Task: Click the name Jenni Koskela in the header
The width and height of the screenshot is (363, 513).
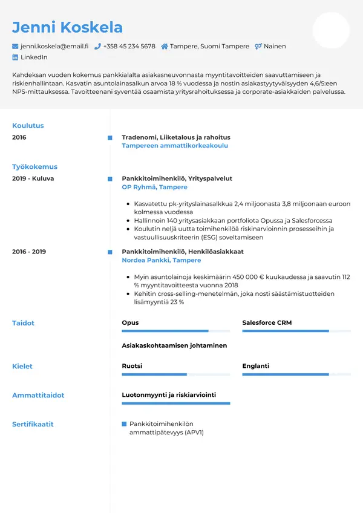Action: pyautogui.click(x=67, y=27)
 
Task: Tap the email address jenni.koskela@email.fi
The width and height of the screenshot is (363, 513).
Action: pyautogui.click(x=54, y=46)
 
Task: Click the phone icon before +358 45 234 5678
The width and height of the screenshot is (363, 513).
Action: pyautogui.click(x=97, y=46)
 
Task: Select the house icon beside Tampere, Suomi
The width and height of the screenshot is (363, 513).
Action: pyautogui.click(x=165, y=46)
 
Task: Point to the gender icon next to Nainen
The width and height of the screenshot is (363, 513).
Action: pyautogui.click(x=258, y=46)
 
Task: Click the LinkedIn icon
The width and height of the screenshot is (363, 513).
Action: pyautogui.click(x=16, y=57)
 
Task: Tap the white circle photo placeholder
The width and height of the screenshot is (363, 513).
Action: pyautogui.click(x=331, y=30)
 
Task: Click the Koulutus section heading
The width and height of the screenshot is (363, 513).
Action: pyautogui.click(x=28, y=126)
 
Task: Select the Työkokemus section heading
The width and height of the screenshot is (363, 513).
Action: pyautogui.click(x=34, y=166)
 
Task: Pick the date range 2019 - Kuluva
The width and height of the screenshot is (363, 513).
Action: pyautogui.click(x=33, y=178)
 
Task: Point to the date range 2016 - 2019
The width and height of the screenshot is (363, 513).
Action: pyautogui.click(x=29, y=252)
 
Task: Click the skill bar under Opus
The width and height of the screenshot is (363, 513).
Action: pyautogui.click(x=175, y=331)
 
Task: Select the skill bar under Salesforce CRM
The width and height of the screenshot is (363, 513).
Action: pyautogui.click(x=296, y=331)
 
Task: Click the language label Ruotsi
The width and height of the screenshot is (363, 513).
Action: pyautogui.click(x=132, y=366)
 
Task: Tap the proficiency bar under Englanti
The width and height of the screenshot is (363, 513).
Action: pyautogui.click(x=296, y=374)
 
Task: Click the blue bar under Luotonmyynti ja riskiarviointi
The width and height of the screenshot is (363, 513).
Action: pyautogui.click(x=175, y=403)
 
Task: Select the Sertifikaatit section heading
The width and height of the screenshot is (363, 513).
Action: pyautogui.click(x=33, y=424)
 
